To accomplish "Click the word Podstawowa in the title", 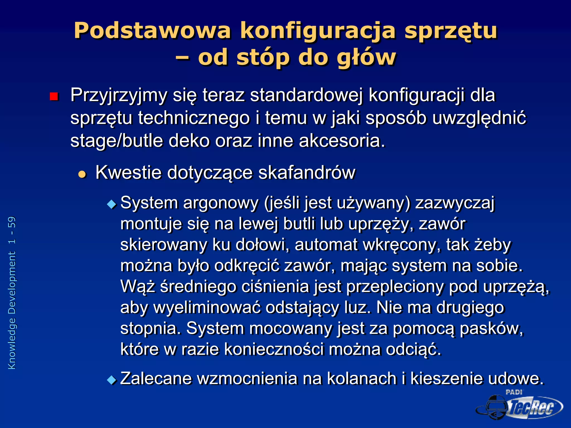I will (x=152, y=31).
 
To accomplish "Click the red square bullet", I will (x=54, y=96).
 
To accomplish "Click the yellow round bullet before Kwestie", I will (x=82, y=174).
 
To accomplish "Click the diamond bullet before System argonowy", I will (x=112, y=205).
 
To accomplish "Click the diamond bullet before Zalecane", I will (x=112, y=380).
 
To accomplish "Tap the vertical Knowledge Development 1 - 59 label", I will (x=12, y=293).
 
